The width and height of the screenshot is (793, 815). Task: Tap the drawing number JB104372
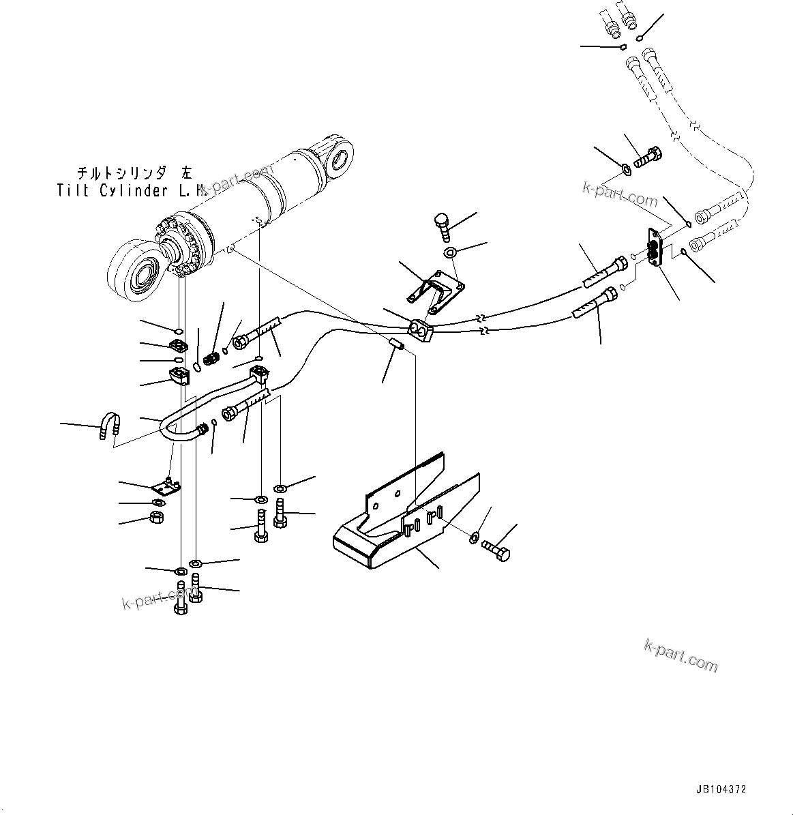[x=721, y=789]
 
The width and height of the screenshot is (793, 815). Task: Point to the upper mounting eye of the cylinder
[x=336, y=159]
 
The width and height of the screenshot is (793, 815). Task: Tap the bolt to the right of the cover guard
[x=496, y=550]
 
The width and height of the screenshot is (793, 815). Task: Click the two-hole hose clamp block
[x=420, y=332]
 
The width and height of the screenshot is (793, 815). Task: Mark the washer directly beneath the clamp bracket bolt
[x=451, y=253]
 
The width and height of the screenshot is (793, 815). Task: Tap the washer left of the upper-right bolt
[x=625, y=168]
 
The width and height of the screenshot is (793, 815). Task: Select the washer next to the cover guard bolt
[x=475, y=539]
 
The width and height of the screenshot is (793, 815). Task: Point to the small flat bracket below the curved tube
[x=166, y=487]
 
